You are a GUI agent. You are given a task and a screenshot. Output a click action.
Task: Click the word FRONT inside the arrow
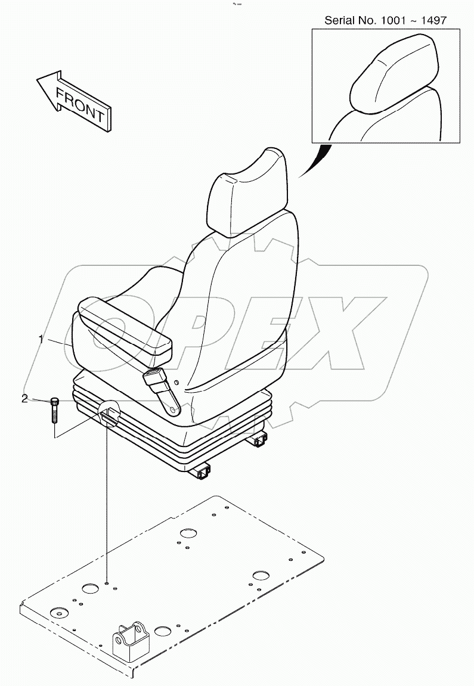[x=80, y=104]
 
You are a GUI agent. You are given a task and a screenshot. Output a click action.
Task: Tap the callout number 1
[x=41, y=339]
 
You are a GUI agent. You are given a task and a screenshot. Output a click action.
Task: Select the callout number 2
[x=24, y=399]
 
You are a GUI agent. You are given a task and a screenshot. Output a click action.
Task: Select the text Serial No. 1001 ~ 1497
[x=385, y=21]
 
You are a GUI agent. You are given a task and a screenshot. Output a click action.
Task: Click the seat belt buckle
[x=156, y=376]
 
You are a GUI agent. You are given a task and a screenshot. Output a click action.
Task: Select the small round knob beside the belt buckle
[x=177, y=382]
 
